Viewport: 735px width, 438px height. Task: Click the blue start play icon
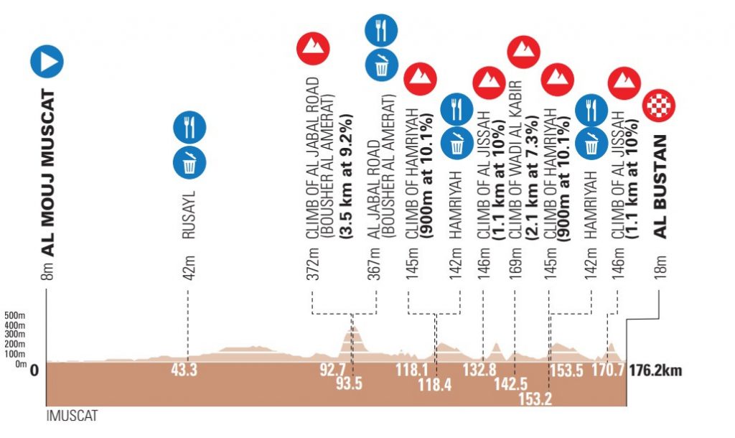[47, 62]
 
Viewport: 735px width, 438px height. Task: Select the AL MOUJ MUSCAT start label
[50, 172]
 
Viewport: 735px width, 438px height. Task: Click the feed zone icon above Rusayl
[189, 127]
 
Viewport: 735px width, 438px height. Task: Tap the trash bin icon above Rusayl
[189, 162]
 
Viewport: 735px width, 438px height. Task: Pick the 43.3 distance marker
[185, 371]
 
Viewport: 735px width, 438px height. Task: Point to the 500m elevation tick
[14, 315]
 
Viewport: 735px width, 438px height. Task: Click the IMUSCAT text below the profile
[72, 416]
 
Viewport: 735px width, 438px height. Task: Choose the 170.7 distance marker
[608, 371]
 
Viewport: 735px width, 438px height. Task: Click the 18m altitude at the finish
[660, 267]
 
